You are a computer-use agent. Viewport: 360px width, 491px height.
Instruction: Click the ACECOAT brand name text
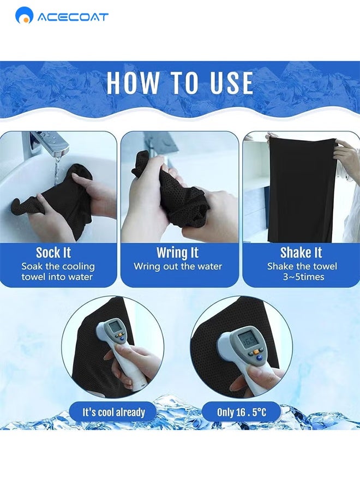point(73,17)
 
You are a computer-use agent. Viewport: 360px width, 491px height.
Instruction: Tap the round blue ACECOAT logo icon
point(24,15)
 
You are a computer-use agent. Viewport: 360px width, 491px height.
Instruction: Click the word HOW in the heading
point(133,83)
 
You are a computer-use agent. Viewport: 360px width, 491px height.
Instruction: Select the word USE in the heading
point(232,83)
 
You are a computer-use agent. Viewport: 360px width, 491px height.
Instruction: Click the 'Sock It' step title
point(53,253)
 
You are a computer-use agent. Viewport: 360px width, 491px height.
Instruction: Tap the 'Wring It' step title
point(177,253)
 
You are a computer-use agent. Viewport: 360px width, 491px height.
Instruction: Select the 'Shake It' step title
point(301,253)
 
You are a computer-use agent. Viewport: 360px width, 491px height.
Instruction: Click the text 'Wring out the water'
point(178,266)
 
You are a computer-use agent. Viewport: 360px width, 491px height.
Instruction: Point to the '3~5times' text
point(304,277)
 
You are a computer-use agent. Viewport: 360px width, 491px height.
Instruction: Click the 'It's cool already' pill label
point(113,412)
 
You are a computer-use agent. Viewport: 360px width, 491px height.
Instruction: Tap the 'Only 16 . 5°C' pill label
point(241,412)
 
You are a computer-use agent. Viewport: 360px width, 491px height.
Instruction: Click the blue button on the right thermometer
point(259,357)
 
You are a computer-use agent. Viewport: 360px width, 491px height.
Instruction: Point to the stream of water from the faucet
point(56,171)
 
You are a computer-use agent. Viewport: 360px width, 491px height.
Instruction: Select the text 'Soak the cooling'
point(58,267)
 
